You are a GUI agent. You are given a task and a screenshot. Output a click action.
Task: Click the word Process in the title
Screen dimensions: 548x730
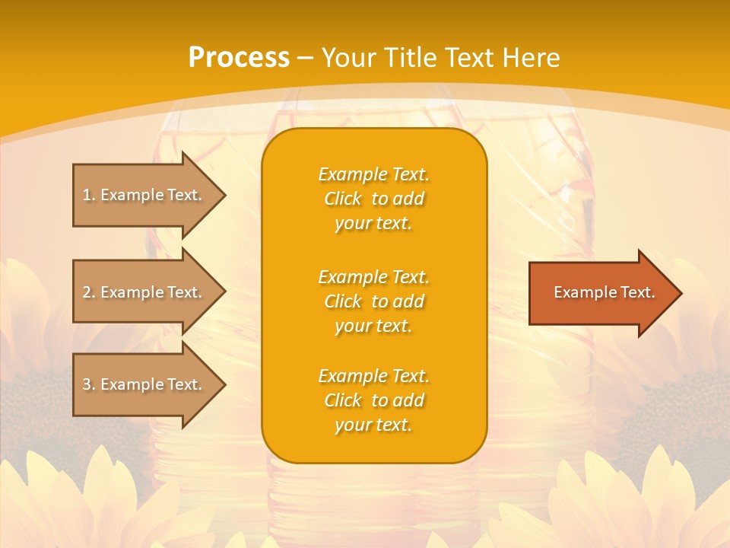click(239, 58)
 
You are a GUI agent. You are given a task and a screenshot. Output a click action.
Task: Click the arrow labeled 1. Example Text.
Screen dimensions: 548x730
click(144, 195)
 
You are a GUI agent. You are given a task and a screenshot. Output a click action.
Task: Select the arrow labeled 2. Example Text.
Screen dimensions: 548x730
click(144, 292)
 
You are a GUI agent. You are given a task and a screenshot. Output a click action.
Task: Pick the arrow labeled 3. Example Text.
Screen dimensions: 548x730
click(144, 384)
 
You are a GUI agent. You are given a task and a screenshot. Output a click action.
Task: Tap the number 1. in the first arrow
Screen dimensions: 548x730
click(89, 195)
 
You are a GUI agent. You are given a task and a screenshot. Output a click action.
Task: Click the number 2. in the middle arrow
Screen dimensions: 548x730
click(89, 292)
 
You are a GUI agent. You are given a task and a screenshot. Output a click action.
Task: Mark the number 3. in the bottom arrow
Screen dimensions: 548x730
click(89, 384)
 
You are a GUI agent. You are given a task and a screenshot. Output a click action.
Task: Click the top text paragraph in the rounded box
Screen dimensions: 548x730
click(373, 199)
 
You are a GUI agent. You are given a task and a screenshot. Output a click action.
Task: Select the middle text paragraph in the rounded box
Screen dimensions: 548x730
click(373, 301)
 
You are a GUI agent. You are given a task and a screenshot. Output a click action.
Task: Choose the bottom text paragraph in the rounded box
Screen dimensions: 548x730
click(373, 400)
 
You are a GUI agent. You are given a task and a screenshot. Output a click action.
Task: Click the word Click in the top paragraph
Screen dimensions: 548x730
click(343, 199)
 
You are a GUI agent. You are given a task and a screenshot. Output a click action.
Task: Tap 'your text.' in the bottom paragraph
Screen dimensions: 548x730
click(373, 425)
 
